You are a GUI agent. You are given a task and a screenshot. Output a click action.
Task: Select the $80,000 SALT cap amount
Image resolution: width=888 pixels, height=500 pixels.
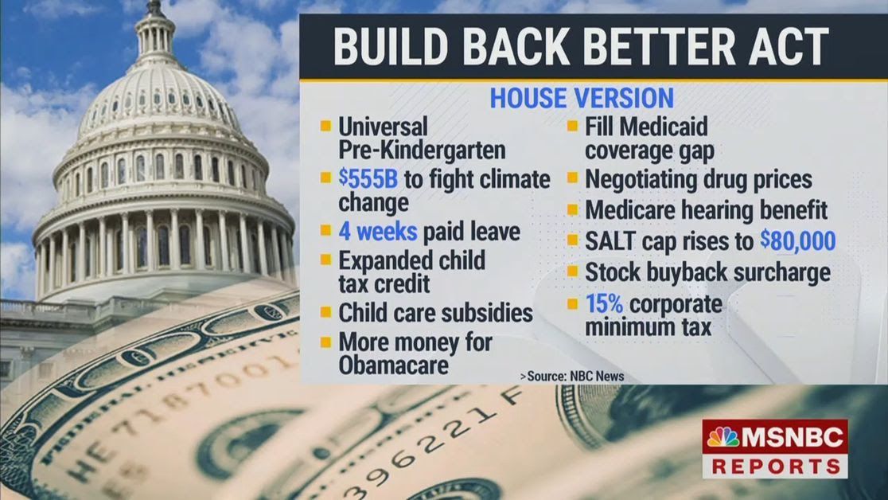[x=796, y=241]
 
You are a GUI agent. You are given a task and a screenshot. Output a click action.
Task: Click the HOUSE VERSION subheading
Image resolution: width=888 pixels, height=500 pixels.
[x=582, y=98]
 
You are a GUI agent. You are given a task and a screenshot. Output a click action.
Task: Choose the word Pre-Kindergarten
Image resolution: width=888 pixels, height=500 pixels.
[x=422, y=149]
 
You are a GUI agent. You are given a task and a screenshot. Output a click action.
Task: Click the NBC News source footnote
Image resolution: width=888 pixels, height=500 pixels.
[x=572, y=376]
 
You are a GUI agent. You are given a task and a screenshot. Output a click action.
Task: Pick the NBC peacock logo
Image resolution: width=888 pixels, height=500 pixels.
[x=722, y=438]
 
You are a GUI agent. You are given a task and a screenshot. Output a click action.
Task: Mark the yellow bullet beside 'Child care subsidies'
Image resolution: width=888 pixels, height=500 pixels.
[x=325, y=313]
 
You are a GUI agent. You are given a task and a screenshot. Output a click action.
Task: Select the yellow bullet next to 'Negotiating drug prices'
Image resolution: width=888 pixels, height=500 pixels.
[x=572, y=179]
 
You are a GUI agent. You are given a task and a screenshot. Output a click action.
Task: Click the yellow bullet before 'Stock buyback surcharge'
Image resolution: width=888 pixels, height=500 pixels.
[x=572, y=272]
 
